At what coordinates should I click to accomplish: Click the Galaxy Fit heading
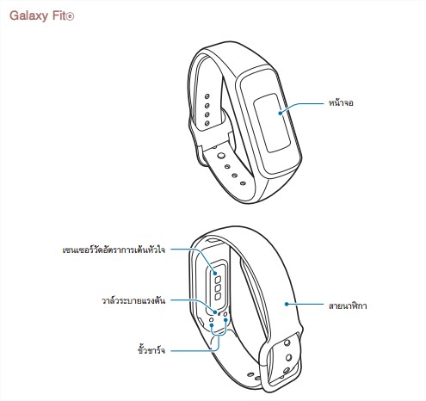[42, 16]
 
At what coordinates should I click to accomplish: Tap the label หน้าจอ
[341, 102]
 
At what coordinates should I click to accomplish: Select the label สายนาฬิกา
[348, 305]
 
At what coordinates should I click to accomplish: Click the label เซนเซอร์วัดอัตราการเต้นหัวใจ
[114, 250]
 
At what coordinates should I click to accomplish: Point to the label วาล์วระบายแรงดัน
[133, 300]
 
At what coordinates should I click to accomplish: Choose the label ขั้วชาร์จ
[151, 350]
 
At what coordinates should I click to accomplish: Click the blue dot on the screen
[281, 113]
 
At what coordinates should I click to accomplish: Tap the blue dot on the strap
[287, 304]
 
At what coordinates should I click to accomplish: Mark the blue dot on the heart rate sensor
[215, 273]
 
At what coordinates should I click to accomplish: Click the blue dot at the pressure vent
[215, 312]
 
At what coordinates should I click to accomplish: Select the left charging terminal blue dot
[212, 325]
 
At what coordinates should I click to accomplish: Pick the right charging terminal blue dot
[225, 319]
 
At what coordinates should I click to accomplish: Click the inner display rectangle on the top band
[271, 123]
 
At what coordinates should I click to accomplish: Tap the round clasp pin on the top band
[221, 156]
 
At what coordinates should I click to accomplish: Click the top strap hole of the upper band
[207, 96]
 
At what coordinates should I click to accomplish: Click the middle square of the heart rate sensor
[219, 287]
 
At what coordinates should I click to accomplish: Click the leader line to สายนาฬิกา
[305, 304]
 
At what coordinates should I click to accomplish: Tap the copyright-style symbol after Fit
[70, 16]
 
